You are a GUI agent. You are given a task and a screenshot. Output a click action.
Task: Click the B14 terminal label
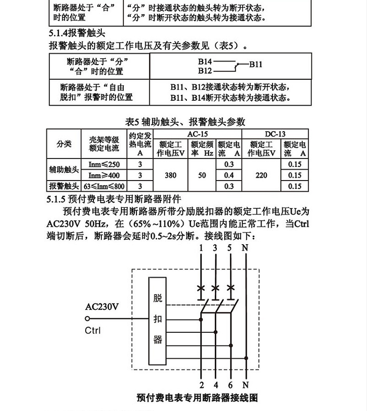[x=205, y=62]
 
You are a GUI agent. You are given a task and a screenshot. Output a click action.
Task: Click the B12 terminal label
[x=205, y=71]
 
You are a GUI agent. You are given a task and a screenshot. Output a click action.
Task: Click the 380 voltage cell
[x=171, y=175]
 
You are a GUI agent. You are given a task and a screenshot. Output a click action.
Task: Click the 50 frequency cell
[x=202, y=175]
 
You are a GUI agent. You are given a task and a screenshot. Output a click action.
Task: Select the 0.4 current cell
[x=229, y=175]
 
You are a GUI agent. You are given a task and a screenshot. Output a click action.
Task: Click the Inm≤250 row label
[x=104, y=164]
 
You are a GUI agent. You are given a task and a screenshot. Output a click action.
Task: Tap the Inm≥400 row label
[x=104, y=175]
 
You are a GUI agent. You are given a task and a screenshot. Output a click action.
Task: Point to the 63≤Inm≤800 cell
[x=104, y=186]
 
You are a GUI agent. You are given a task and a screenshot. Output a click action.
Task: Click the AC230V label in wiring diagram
[x=101, y=307]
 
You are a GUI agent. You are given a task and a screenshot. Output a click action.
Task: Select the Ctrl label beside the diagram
[x=93, y=330]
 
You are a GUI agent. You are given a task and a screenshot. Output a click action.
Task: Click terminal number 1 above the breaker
[x=201, y=248]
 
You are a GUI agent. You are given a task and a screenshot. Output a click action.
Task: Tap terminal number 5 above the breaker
[x=230, y=248]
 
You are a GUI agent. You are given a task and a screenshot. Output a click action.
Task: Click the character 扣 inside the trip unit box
[x=157, y=319]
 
